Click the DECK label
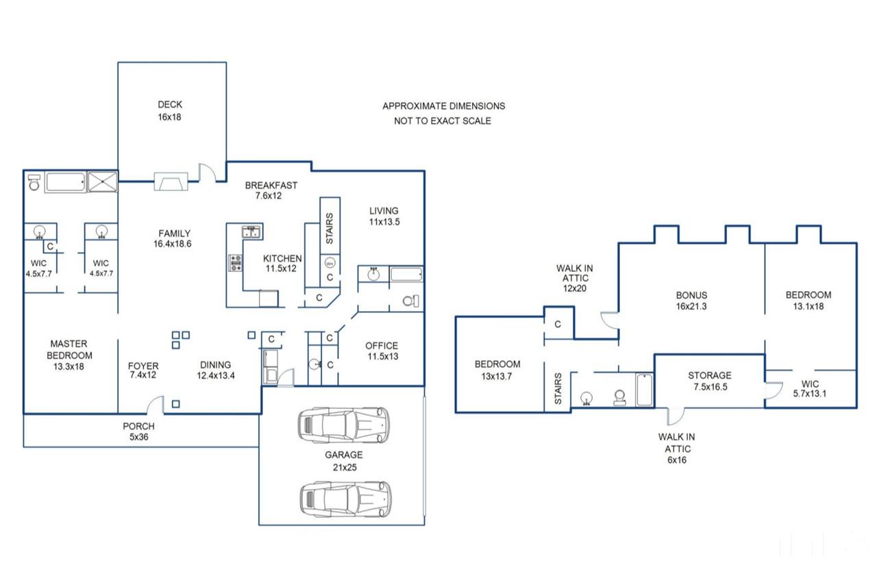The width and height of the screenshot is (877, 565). (x=170, y=105)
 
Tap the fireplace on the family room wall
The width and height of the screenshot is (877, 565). (x=171, y=181)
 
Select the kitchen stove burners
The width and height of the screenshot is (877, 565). (x=235, y=263)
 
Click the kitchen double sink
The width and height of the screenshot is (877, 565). (x=251, y=231)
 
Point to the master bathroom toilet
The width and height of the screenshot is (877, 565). (x=34, y=183)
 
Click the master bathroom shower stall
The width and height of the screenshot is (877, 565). (x=103, y=181)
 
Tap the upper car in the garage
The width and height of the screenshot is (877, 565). (x=344, y=425)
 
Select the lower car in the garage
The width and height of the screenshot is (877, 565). (x=345, y=499)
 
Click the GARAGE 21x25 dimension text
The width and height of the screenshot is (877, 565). (x=345, y=467)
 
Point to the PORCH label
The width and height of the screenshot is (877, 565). (x=138, y=426)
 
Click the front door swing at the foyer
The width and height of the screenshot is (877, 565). (x=156, y=405)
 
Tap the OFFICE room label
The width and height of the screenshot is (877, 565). (x=382, y=346)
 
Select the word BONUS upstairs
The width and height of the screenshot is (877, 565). (x=691, y=295)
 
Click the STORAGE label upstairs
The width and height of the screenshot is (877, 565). (x=710, y=375)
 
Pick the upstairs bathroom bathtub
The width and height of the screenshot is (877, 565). (x=645, y=390)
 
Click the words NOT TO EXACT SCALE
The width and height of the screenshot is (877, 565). (x=443, y=121)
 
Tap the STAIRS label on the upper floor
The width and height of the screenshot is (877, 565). (x=558, y=388)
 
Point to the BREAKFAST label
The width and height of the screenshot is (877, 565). (x=271, y=186)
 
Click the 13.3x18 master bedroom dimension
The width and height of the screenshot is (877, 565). (x=69, y=366)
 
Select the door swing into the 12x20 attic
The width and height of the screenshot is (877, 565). (x=609, y=321)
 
